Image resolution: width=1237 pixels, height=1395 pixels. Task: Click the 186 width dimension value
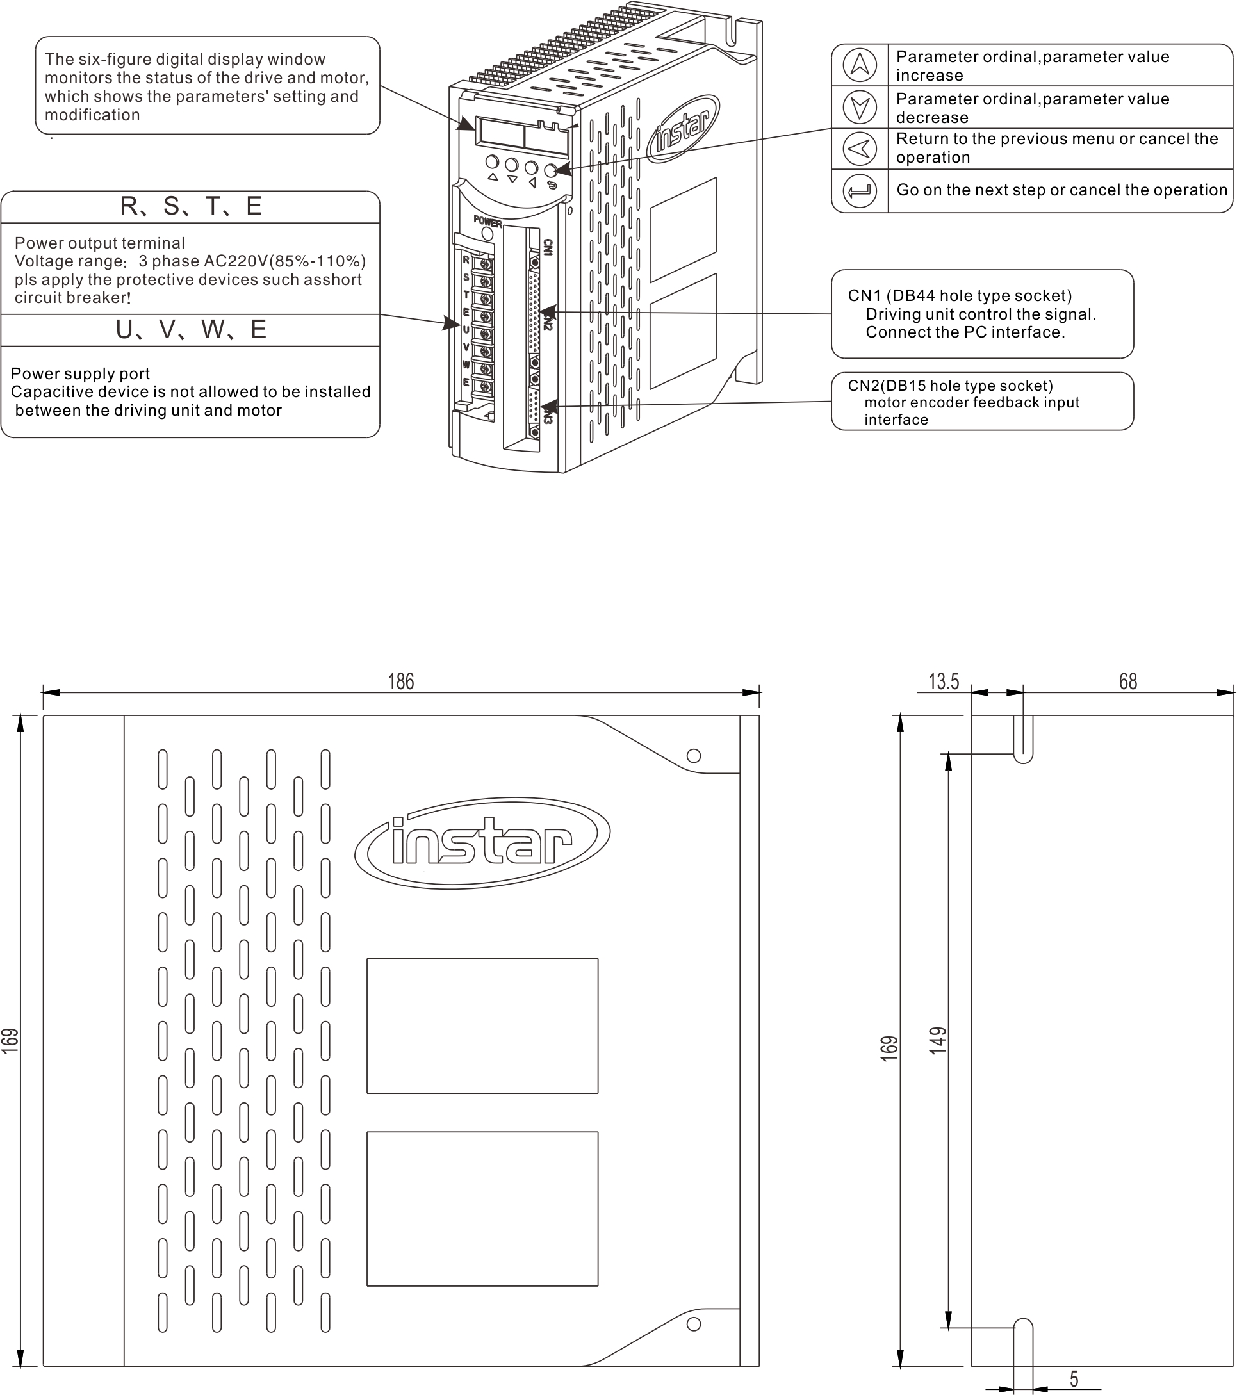pyautogui.click(x=401, y=681)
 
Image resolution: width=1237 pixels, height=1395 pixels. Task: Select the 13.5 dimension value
pyautogui.click(x=944, y=681)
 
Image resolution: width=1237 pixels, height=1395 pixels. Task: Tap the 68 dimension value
pyautogui.click(x=1127, y=681)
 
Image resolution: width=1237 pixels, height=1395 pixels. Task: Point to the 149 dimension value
pyautogui.click(x=938, y=1041)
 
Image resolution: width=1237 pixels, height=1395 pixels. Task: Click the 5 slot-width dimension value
pyautogui.click(x=1074, y=1378)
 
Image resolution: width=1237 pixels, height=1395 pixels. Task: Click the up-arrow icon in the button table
pyautogui.click(x=860, y=65)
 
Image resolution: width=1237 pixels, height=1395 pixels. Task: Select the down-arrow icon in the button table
pyautogui.click(x=860, y=107)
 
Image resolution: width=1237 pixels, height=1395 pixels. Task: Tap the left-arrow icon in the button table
pyautogui.click(x=860, y=148)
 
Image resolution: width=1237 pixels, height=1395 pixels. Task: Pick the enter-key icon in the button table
pyautogui.click(x=860, y=190)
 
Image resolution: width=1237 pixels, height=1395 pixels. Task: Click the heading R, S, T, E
pyautogui.click(x=190, y=206)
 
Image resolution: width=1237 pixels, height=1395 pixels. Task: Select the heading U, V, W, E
pyautogui.click(x=190, y=330)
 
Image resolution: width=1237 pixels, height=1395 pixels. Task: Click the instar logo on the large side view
pyautogui.click(x=482, y=843)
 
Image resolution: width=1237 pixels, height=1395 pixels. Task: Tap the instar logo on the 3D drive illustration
pyautogui.click(x=683, y=129)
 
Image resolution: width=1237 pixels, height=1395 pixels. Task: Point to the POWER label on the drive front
pyautogui.click(x=487, y=222)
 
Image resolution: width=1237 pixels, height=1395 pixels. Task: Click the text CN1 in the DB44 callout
pyautogui.click(x=864, y=295)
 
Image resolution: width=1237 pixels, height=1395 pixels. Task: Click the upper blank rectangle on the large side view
pyautogui.click(x=482, y=1025)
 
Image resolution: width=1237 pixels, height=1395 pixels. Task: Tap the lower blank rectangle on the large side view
pyautogui.click(x=482, y=1208)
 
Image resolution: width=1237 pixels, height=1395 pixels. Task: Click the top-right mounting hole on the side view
pyautogui.click(x=694, y=756)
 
